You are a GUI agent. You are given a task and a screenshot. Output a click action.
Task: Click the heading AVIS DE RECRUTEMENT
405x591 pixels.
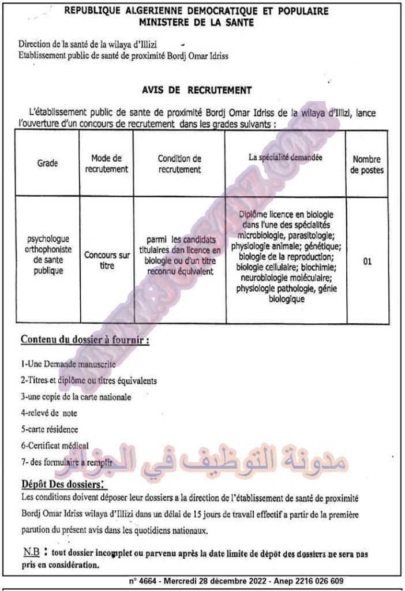tap(197, 90)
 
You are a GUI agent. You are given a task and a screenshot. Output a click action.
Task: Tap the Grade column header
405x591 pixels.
tap(48, 163)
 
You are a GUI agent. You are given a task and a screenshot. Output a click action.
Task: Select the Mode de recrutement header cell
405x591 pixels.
tap(106, 163)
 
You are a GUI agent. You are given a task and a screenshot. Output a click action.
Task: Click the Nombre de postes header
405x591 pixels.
tap(367, 165)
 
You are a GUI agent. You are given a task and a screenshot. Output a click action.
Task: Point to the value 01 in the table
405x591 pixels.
tap(367, 261)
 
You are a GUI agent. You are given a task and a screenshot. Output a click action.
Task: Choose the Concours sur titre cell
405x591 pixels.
tap(107, 260)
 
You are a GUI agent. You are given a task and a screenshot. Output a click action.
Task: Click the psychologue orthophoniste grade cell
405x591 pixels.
tap(48, 255)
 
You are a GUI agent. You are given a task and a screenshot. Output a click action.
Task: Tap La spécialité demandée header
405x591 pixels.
tap(286, 156)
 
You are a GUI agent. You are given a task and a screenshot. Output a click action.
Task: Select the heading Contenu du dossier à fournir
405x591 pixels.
tap(85, 340)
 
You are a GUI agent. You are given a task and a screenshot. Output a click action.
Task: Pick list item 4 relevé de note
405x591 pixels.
tap(49, 413)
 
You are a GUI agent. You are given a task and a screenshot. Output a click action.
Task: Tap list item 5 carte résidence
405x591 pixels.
tap(50, 429)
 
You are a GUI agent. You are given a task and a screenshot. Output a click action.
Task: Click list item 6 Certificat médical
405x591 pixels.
tap(55, 445)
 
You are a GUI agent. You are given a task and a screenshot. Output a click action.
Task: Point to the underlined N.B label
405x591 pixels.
tap(31, 552)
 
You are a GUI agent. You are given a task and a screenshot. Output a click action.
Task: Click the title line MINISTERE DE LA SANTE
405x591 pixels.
tap(196, 23)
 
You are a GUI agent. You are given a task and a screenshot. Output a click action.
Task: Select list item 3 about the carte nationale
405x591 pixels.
tap(76, 397)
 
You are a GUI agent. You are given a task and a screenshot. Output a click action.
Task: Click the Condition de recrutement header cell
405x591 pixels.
tap(179, 163)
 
